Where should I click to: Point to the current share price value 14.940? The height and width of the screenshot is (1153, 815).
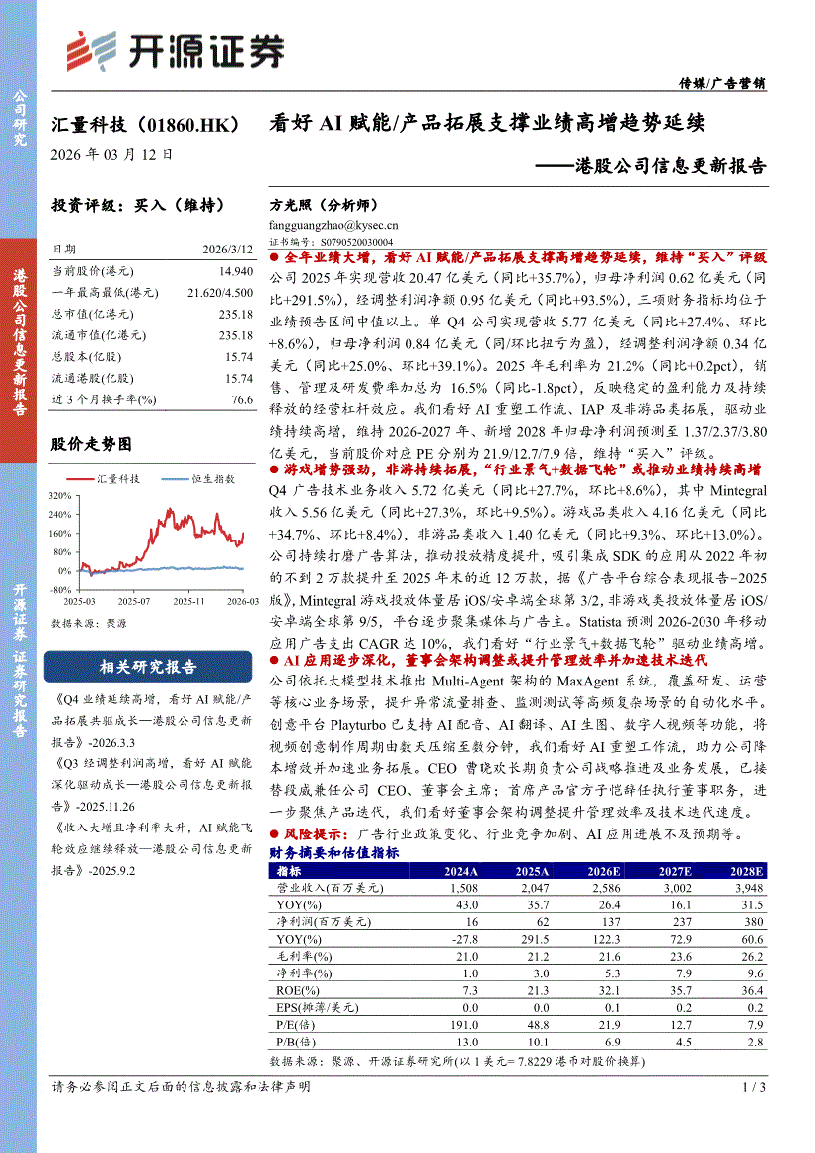coord(235,270)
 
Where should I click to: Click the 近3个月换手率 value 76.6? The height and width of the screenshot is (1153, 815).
coord(242,398)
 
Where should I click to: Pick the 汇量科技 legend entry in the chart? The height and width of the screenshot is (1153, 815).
coord(116,478)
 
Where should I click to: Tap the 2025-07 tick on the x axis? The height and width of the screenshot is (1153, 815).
coord(133,601)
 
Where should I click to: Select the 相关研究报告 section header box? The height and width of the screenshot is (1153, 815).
coord(148,667)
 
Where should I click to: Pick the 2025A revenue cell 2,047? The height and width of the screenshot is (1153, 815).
coord(532,887)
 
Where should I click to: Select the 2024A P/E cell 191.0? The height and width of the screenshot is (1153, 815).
coord(462,1025)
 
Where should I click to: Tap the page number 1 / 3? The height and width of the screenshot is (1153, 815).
coord(753,1087)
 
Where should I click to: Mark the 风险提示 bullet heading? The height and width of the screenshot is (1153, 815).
coord(312,834)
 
